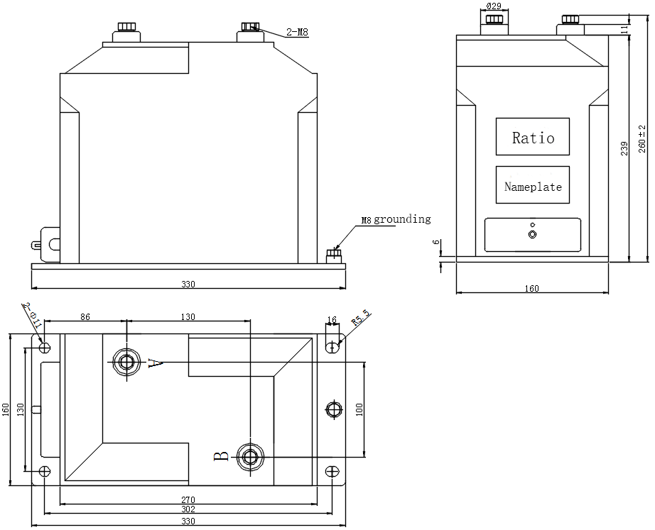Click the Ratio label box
click(533, 137)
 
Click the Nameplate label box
click(533, 186)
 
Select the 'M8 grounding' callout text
click(395, 219)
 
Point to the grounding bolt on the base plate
click(332, 255)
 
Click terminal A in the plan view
click(126, 363)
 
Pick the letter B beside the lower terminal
click(222, 456)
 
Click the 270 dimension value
click(188, 499)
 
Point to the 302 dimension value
click(188, 509)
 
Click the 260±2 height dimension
click(642, 137)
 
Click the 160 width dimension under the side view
click(531, 288)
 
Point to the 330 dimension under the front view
click(188, 285)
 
